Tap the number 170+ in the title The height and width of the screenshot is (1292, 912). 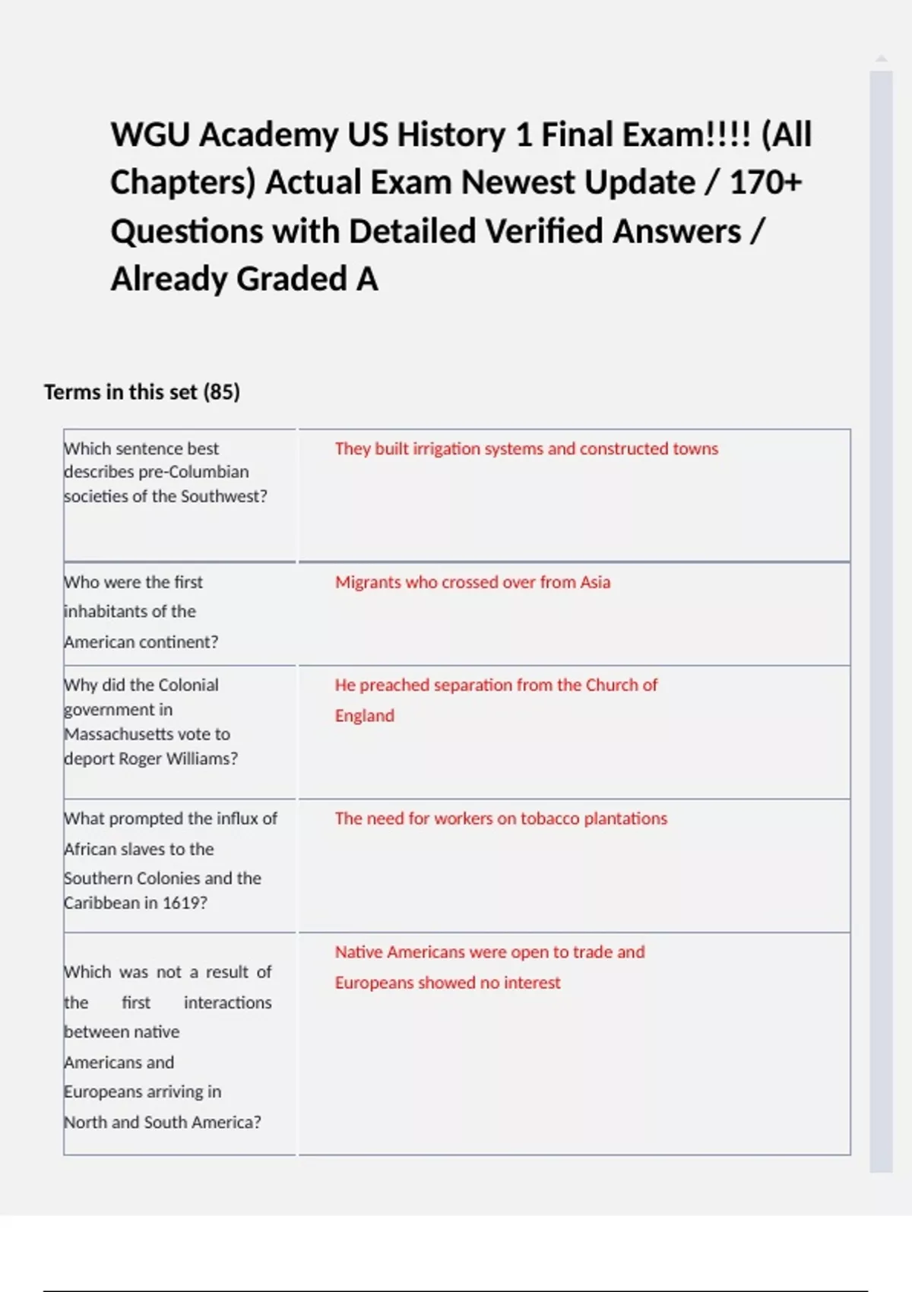click(765, 183)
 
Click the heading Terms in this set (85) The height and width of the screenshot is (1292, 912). click(142, 392)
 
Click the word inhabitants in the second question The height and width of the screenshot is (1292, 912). click(130, 612)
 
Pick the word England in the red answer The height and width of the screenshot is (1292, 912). click(365, 716)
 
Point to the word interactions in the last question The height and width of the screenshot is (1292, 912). click(227, 1003)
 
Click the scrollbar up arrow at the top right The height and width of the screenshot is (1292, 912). click(881, 59)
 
